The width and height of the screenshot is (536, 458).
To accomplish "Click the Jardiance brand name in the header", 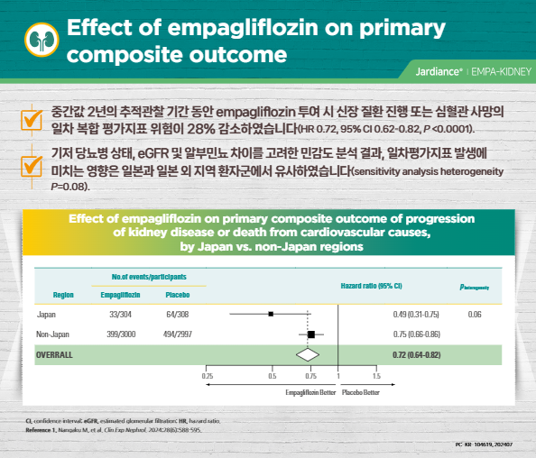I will click(x=440, y=69).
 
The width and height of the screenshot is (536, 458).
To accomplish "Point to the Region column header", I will click(x=63, y=294).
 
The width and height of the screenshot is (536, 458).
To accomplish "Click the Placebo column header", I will click(x=177, y=294).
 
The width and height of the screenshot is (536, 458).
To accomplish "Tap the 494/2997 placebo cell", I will click(x=177, y=334).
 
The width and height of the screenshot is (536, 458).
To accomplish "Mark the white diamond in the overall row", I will click(x=301, y=354).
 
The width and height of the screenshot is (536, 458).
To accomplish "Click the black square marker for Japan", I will click(x=271, y=314).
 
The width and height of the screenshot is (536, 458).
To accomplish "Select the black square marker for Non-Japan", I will click(x=311, y=334).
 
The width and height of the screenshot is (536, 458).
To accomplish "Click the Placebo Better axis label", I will click(x=360, y=393).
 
